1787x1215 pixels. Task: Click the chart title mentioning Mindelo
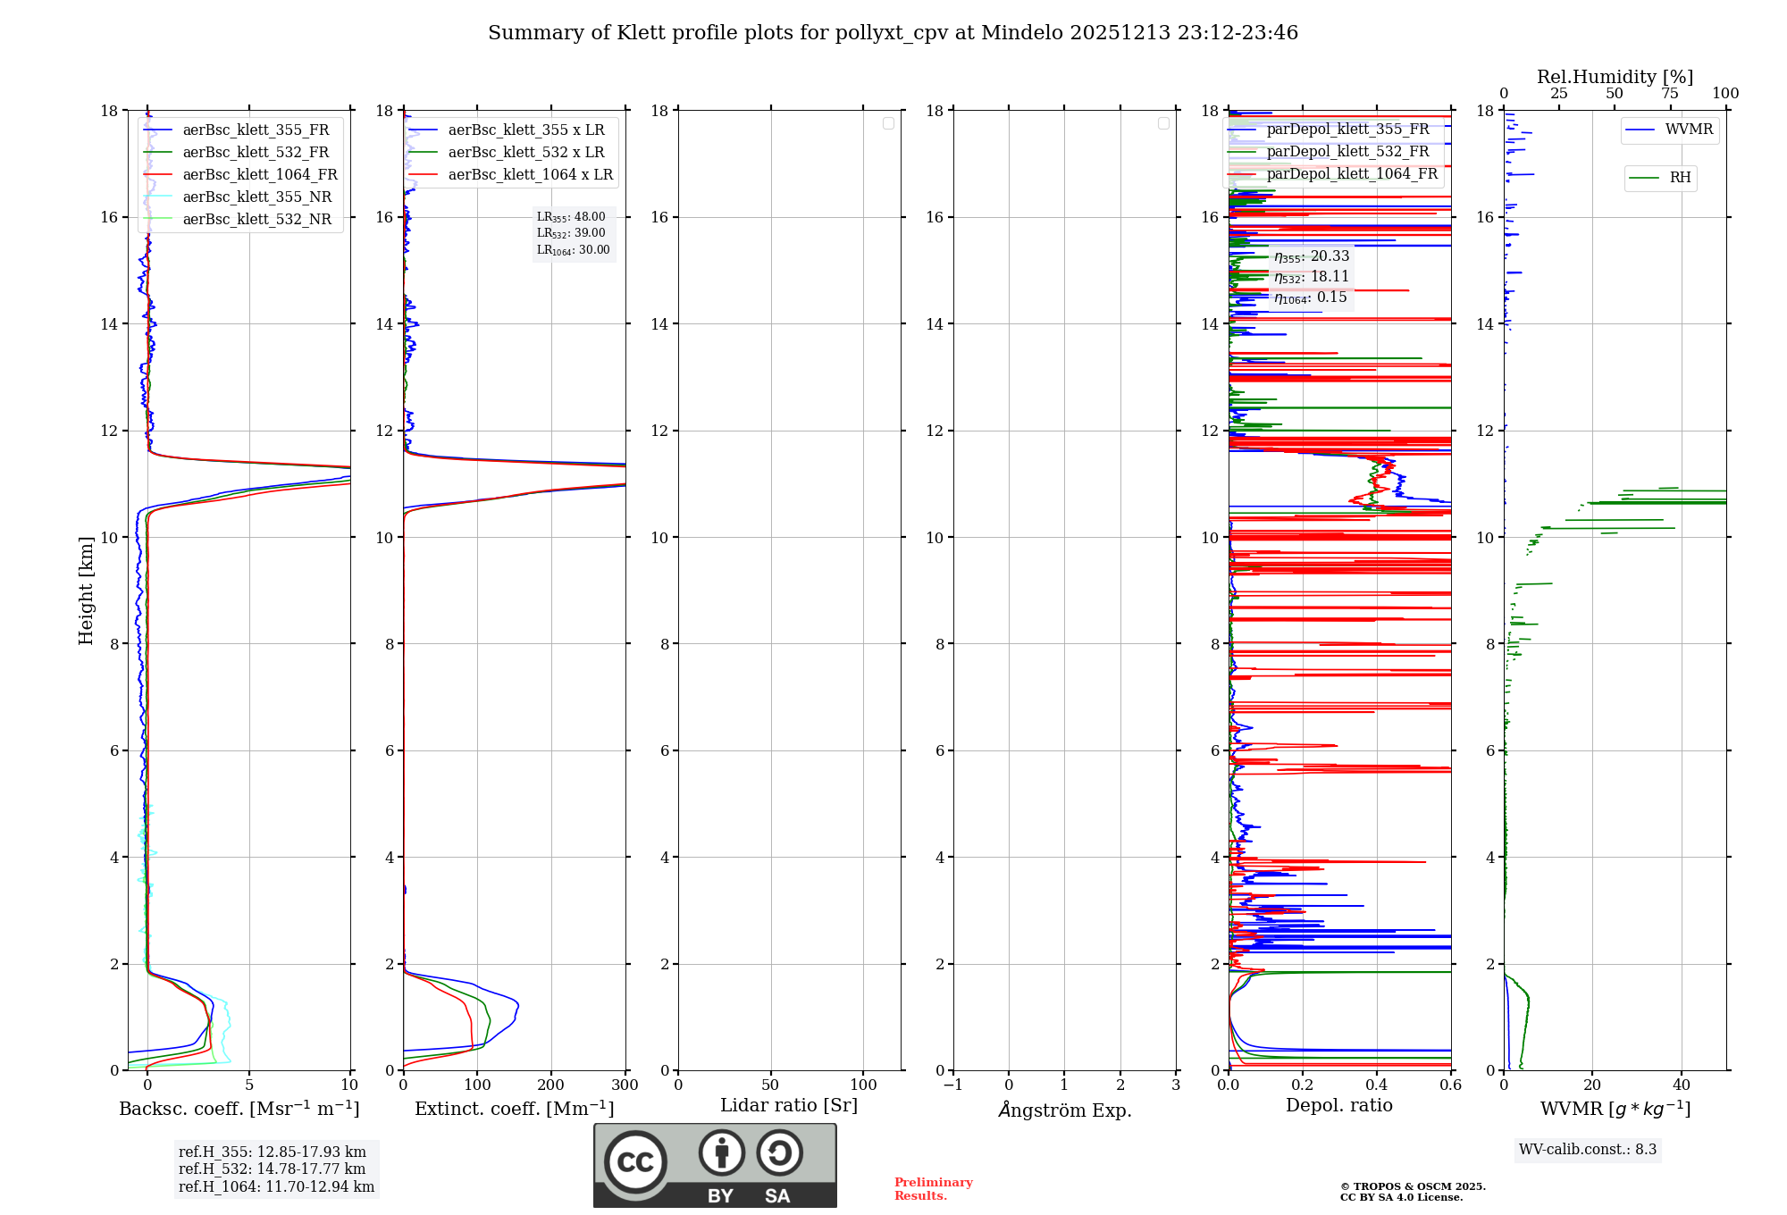(x=893, y=33)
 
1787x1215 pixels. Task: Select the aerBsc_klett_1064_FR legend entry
(x=260, y=175)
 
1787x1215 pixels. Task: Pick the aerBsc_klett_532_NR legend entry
(x=256, y=220)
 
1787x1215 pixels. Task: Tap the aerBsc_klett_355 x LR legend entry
(x=525, y=130)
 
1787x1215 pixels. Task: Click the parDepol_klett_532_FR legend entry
(x=1347, y=152)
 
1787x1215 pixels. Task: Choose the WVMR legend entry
(x=1689, y=130)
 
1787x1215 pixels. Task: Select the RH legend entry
(x=1680, y=178)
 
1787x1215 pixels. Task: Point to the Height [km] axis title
(x=86, y=591)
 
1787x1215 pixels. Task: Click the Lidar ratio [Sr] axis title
(x=789, y=1106)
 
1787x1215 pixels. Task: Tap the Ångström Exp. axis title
(x=1064, y=1110)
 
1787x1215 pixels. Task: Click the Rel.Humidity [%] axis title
(x=1615, y=77)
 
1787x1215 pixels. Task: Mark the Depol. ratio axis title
(x=1338, y=1106)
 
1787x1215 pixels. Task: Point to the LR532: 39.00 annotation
(x=571, y=233)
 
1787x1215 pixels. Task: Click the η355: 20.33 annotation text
(x=1312, y=257)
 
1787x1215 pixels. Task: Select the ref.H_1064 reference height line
(x=276, y=1187)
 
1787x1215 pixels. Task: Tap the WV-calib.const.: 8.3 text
(x=1587, y=1150)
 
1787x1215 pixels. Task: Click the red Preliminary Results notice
(x=933, y=1189)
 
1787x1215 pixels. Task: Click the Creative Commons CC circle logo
(x=635, y=1162)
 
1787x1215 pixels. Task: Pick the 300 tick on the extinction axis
(x=625, y=1085)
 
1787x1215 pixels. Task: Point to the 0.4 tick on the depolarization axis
(x=1377, y=1085)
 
